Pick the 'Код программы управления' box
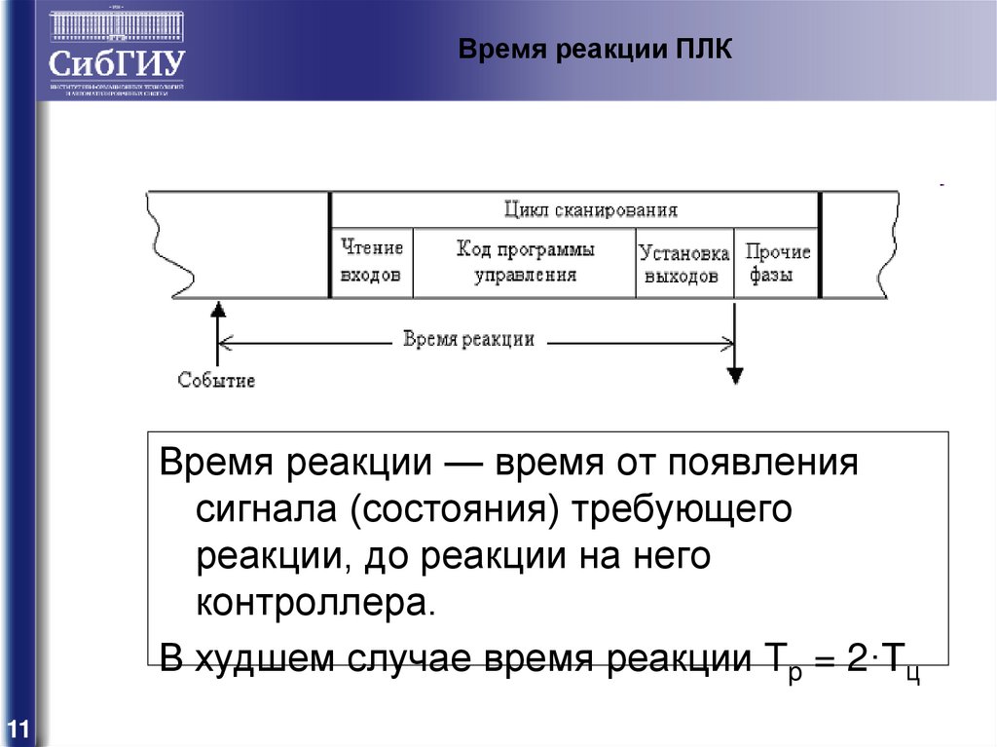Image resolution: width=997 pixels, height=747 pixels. pyautogui.click(x=525, y=262)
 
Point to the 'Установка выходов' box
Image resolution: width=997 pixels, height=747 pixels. pyautogui.click(x=684, y=264)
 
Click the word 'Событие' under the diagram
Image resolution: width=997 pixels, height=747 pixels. pyautogui.click(x=216, y=380)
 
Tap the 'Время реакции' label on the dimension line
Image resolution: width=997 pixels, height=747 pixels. pyautogui.click(x=469, y=339)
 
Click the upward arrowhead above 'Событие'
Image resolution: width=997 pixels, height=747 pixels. pyautogui.click(x=218, y=309)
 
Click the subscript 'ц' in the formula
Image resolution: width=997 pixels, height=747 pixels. pyautogui.click(x=912, y=674)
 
